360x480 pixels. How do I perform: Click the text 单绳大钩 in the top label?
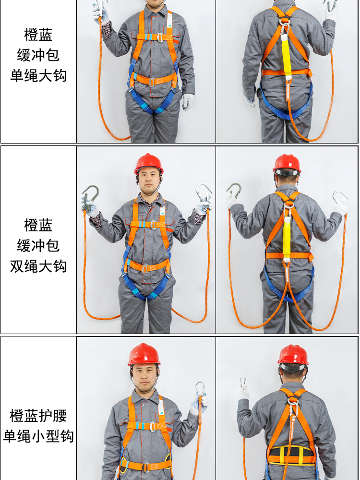click(x=38, y=76)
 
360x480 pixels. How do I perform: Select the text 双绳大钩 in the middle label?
click(x=38, y=266)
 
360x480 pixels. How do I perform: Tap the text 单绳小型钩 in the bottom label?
click(x=38, y=436)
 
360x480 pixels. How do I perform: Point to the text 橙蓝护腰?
click(x=38, y=415)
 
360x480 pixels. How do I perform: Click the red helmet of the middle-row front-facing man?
click(x=148, y=163)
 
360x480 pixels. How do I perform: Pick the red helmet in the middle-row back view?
click(x=287, y=163)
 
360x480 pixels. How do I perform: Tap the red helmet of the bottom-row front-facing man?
click(x=144, y=354)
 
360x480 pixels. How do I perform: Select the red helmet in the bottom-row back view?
click(x=293, y=354)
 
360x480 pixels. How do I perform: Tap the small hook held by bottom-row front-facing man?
click(x=200, y=389)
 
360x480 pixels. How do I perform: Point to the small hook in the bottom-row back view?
click(x=243, y=382)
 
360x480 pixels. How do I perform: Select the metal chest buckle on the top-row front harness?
click(x=160, y=37)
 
